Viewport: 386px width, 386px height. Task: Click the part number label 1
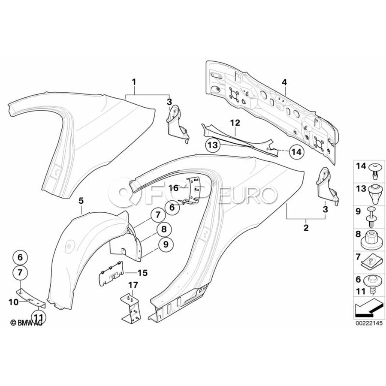[x=134, y=81]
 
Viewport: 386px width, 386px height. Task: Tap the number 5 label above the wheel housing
[x=81, y=200]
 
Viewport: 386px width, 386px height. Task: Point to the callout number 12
[x=235, y=123]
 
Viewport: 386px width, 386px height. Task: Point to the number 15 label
[x=142, y=272]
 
